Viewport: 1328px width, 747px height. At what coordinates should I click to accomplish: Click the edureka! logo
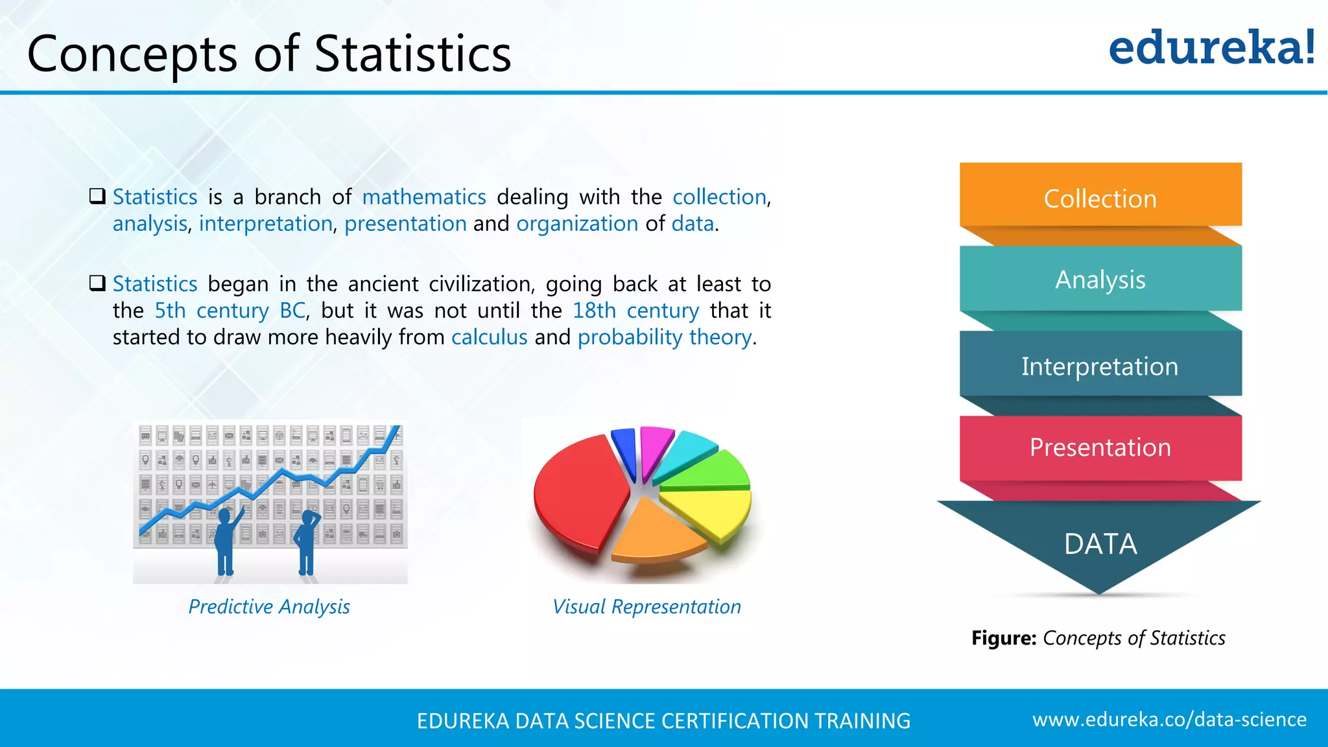click(1211, 48)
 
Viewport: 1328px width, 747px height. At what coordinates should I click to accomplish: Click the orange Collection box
click(1100, 197)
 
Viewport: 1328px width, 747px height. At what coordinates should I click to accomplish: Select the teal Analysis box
click(1100, 279)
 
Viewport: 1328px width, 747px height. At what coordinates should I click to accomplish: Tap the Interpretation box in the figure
click(1100, 366)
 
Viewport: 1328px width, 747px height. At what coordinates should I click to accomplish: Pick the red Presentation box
click(1100, 447)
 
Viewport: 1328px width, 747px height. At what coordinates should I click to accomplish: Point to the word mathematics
click(424, 197)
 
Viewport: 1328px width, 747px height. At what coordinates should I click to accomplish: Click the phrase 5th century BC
click(230, 311)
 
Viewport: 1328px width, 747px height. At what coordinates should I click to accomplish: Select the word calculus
click(490, 337)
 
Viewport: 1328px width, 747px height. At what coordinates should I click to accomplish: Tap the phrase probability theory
click(665, 337)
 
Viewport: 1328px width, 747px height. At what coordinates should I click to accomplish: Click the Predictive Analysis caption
click(269, 607)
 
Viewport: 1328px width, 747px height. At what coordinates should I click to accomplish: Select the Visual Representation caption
click(646, 607)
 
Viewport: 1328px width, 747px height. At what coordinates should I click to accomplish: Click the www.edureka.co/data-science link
click(1169, 720)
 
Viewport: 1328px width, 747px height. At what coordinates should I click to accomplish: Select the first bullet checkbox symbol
click(97, 196)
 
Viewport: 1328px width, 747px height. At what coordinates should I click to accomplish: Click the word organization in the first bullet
click(577, 224)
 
